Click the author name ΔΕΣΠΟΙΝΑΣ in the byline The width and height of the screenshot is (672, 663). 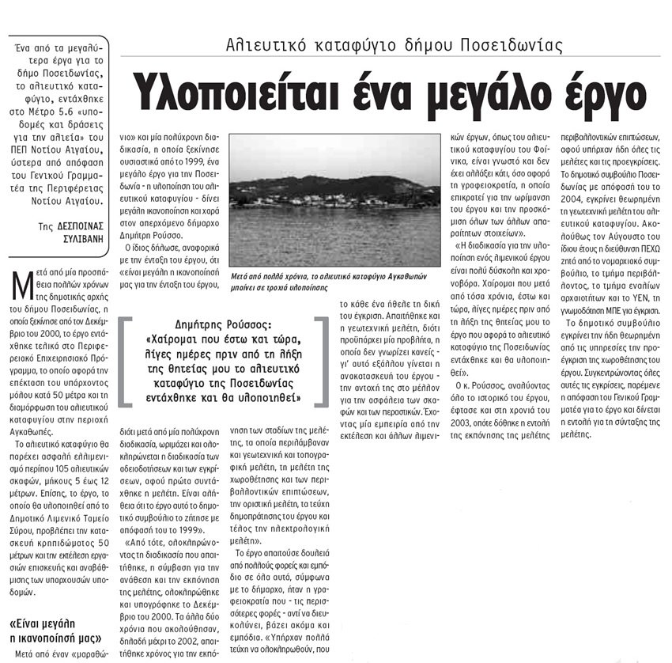click(81, 225)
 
